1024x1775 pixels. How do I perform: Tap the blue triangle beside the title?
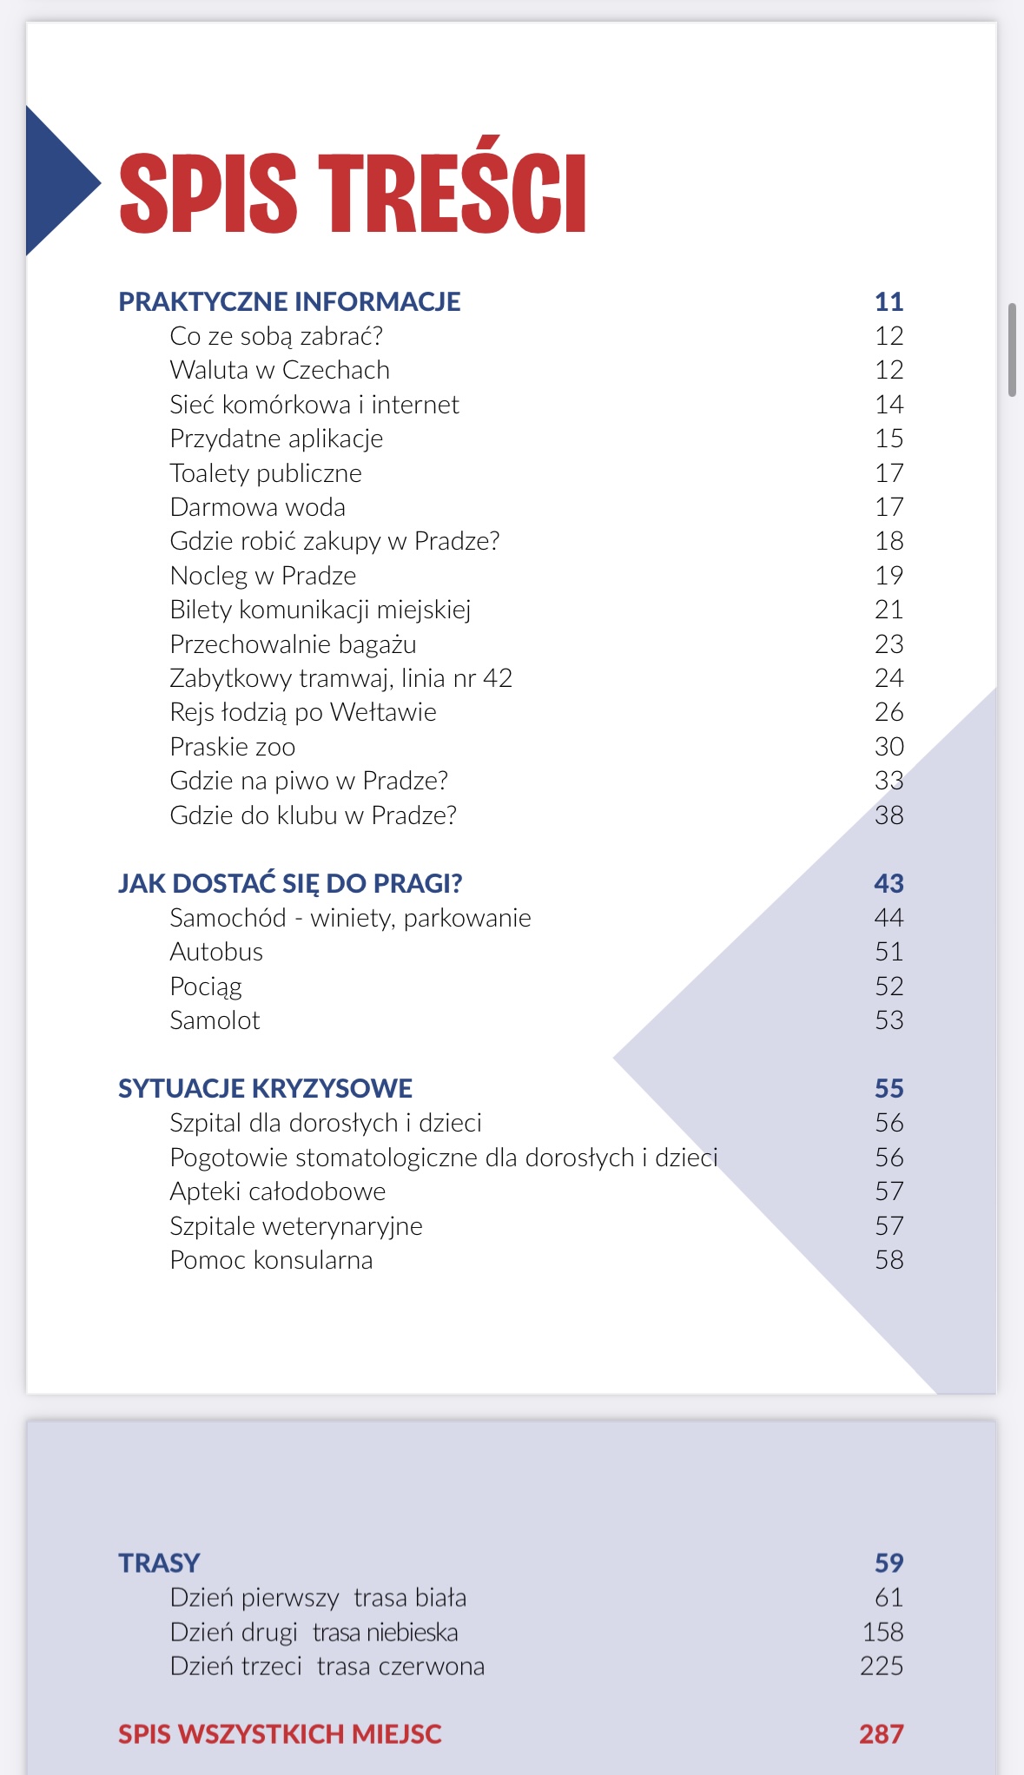click(x=56, y=181)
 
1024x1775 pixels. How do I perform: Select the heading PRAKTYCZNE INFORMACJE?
click(x=289, y=301)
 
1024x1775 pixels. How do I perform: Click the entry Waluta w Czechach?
click(x=280, y=370)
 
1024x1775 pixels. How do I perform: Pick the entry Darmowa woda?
click(x=258, y=507)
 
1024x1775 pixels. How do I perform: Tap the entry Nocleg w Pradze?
click(x=263, y=576)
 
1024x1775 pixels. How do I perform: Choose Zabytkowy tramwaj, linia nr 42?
click(x=340, y=678)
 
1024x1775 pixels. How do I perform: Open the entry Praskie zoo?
click(x=233, y=747)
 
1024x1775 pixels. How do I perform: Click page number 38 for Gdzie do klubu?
click(x=889, y=815)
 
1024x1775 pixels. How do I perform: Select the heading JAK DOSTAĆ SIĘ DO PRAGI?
click(x=290, y=883)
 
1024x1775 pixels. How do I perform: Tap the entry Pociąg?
click(x=206, y=986)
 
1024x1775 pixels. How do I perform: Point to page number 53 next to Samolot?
click(x=889, y=1020)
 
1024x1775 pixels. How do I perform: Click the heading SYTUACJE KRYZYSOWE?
click(x=265, y=1088)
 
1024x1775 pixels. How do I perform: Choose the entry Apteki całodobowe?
click(x=278, y=1191)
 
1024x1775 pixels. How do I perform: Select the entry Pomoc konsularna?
click(x=271, y=1260)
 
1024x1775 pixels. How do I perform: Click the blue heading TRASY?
click(x=159, y=1563)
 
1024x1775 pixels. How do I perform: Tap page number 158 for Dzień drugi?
click(x=882, y=1633)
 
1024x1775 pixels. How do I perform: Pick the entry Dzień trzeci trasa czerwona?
click(x=327, y=1666)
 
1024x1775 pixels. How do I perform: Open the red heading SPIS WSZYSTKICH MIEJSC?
click(x=280, y=1734)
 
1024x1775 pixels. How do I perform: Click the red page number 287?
click(x=881, y=1734)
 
